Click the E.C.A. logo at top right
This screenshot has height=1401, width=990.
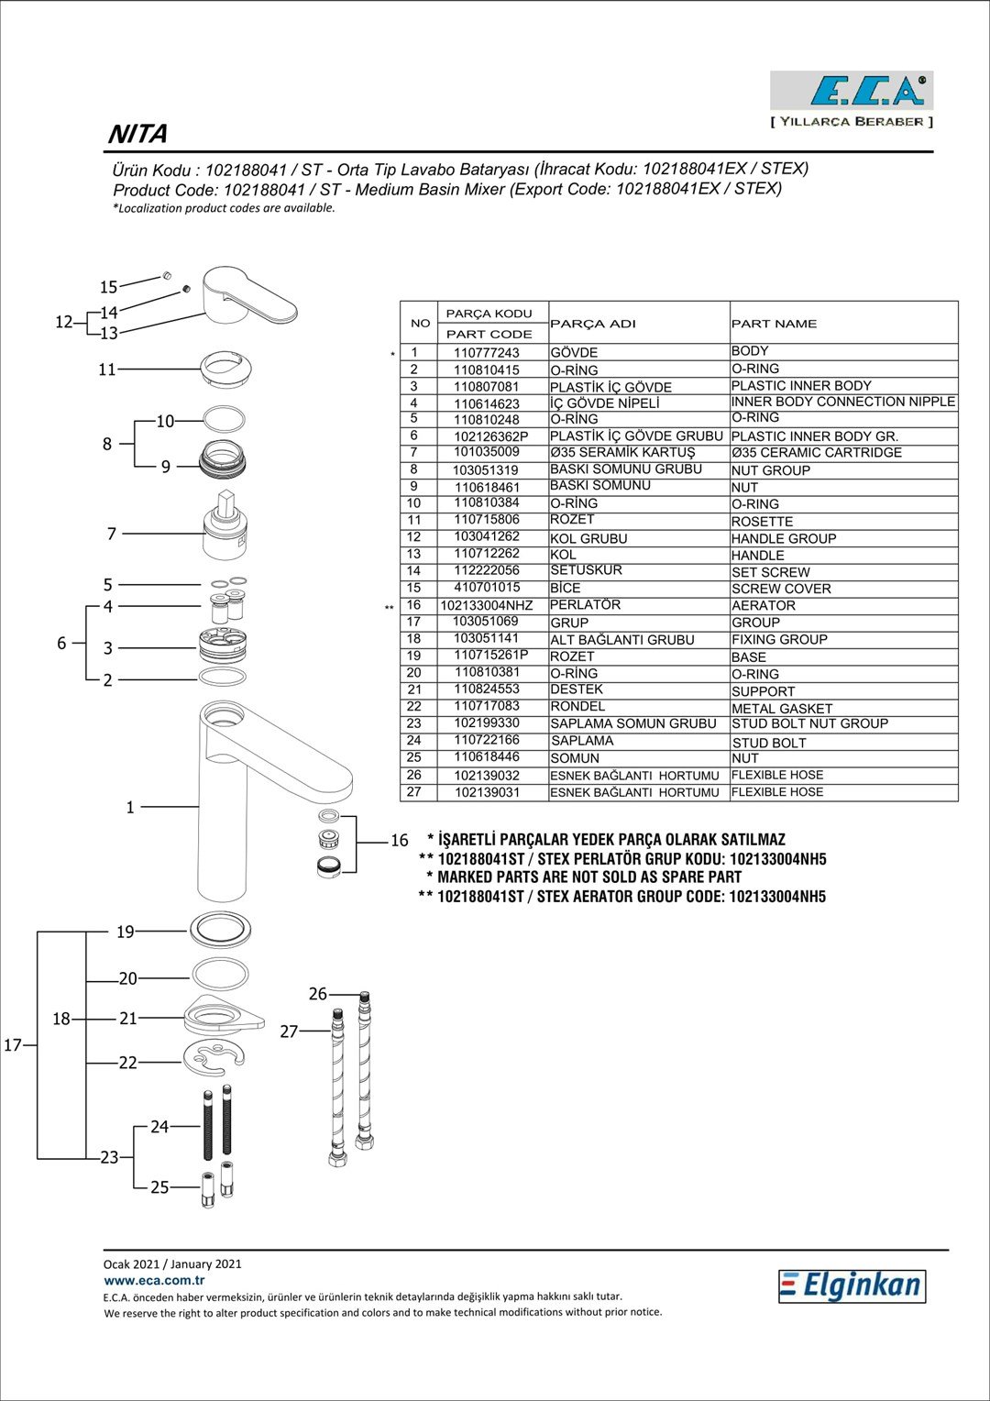851,91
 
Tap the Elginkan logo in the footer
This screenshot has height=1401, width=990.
852,1285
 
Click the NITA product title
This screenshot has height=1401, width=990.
138,134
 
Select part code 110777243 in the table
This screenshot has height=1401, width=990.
486,353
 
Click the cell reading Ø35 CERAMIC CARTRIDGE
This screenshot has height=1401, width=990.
816,453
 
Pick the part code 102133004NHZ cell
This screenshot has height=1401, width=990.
486,605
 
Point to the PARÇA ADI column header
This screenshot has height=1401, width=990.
592,324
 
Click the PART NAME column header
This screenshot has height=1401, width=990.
774,324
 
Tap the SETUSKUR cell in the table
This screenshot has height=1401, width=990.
586,570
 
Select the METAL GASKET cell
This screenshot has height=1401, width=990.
781,708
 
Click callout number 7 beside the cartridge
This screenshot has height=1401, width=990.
112,534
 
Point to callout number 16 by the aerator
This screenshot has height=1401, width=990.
400,840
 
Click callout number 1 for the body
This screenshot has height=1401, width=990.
130,807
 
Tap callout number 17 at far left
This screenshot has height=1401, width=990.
13,1044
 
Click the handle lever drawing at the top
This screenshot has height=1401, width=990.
247,296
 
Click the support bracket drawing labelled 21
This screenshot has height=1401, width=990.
223,1014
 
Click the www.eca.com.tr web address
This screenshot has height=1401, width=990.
154,1280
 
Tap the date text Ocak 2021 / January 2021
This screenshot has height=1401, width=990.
172,1263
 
